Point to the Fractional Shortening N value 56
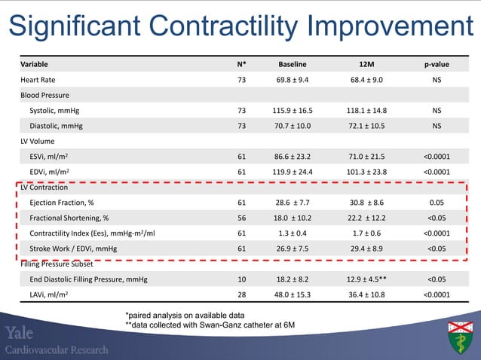[x=241, y=218]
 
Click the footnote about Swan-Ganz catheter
[x=210, y=324]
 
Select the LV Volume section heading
[x=40, y=140]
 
